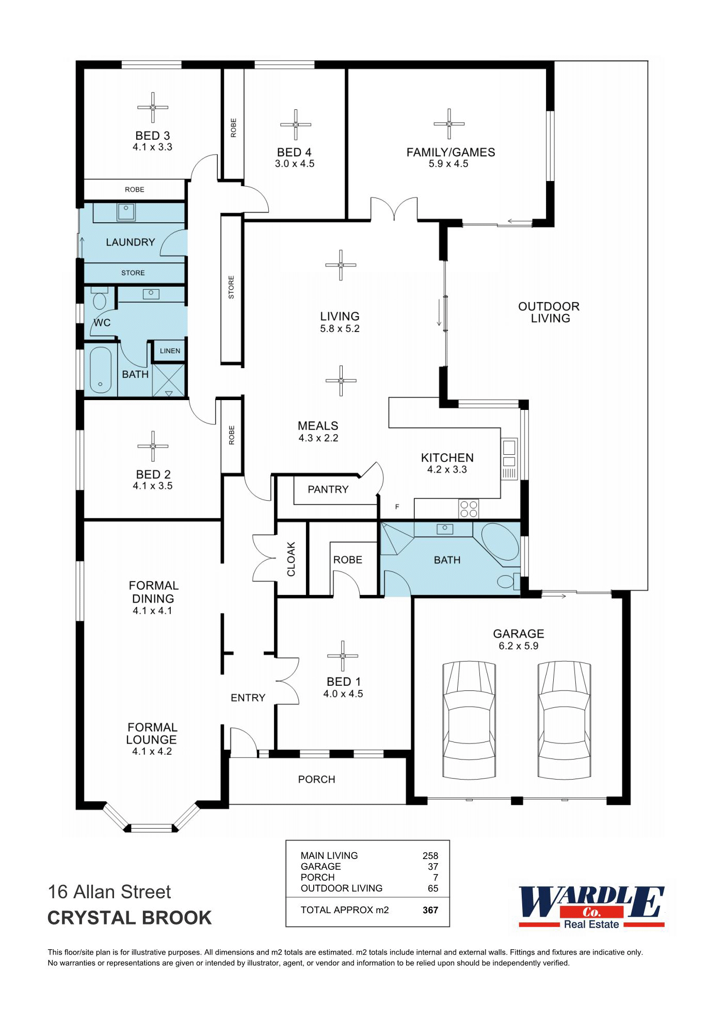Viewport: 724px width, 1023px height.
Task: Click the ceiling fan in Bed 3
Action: pos(153,107)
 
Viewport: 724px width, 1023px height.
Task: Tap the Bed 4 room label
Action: pos(294,153)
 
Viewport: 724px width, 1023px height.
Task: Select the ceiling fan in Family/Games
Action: pos(449,124)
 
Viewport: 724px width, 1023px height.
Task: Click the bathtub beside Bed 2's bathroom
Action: pos(101,370)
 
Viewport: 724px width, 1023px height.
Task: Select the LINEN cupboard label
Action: pos(170,351)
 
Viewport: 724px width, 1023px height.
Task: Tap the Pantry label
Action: pos(328,489)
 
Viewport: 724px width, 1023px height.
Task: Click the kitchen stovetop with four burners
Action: pos(469,509)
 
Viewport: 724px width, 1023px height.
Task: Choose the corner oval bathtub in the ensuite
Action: pos(500,542)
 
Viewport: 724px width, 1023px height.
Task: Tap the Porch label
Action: pos(317,780)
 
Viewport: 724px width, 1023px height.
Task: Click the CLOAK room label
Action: pos(291,559)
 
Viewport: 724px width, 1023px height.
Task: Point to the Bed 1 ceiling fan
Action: pos(343,656)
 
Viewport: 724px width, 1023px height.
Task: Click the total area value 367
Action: pos(430,910)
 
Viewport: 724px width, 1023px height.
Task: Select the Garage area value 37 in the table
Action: pos(433,866)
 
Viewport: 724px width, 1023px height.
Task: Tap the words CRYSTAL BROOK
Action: pos(130,918)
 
